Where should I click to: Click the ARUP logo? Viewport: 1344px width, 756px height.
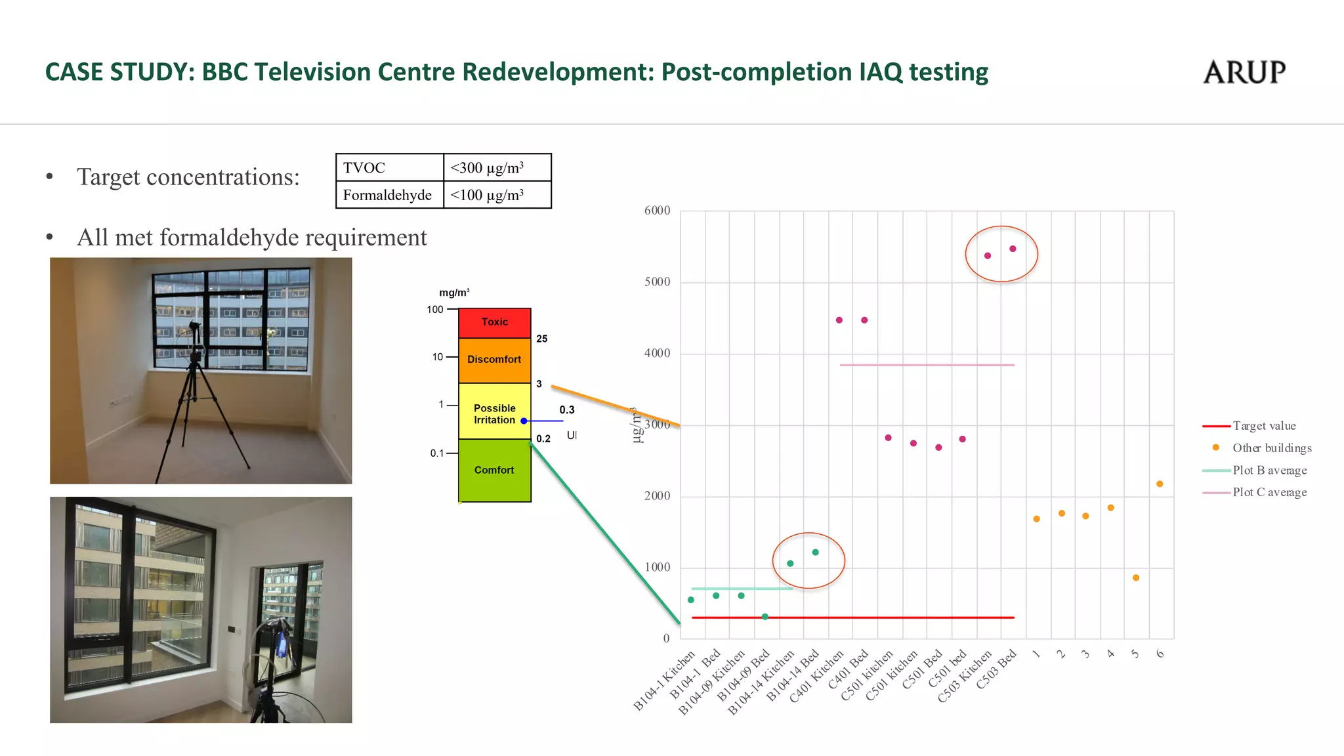(x=1244, y=72)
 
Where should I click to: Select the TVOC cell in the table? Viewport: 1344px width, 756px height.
(x=389, y=168)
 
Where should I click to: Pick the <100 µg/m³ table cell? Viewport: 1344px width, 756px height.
(x=497, y=195)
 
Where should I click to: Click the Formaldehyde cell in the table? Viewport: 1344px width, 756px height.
(x=389, y=195)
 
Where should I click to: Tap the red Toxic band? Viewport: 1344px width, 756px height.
(x=494, y=322)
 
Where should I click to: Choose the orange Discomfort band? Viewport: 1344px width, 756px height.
(x=494, y=360)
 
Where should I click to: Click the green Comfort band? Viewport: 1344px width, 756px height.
(x=494, y=470)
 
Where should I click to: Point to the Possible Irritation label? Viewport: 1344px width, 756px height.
(x=494, y=414)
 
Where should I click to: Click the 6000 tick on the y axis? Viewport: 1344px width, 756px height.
(x=657, y=211)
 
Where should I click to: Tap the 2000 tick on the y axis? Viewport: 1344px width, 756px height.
(x=657, y=496)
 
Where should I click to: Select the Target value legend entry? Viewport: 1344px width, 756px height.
(x=1263, y=426)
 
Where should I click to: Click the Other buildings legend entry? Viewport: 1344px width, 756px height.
(x=1271, y=448)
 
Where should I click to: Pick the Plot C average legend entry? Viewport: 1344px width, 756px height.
(x=1269, y=492)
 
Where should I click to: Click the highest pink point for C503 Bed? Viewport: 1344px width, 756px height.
(x=1013, y=249)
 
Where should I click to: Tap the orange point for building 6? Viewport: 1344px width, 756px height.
(x=1160, y=484)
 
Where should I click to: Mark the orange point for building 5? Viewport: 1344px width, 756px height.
(x=1136, y=578)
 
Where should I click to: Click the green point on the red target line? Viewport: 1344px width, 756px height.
(x=765, y=617)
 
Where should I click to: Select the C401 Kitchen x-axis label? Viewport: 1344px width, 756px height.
(x=818, y=676)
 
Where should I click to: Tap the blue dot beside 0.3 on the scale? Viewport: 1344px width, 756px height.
(x=524, y=421)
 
